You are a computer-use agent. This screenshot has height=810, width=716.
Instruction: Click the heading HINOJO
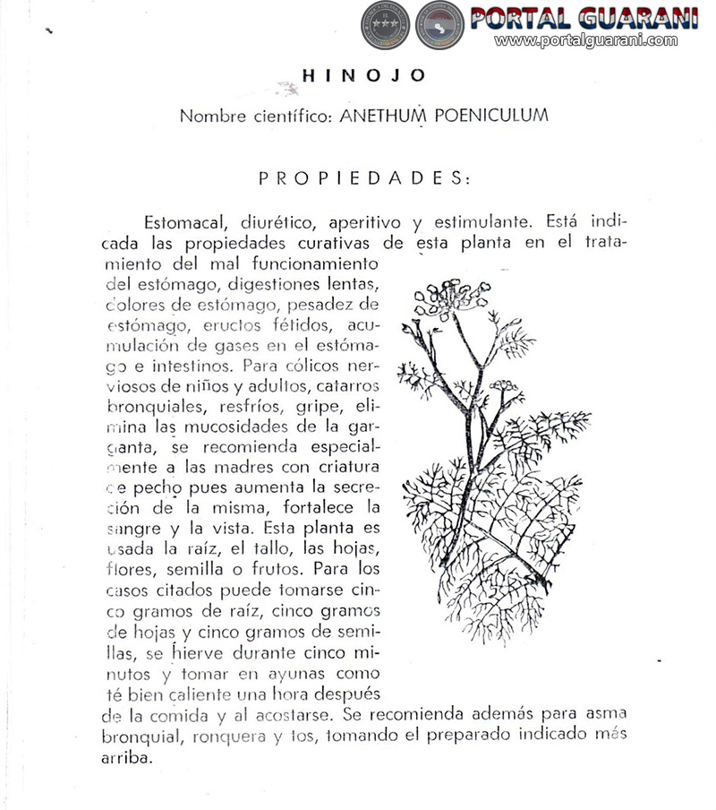click(363, 76)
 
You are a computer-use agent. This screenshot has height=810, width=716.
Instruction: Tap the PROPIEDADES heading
click(363, 177)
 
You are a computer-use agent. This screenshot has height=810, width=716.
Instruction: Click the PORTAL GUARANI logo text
click(584, 17)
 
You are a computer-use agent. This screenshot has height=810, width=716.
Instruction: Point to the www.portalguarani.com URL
click(586, 40)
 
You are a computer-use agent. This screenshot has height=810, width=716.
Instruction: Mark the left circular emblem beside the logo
click(385, 25)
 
